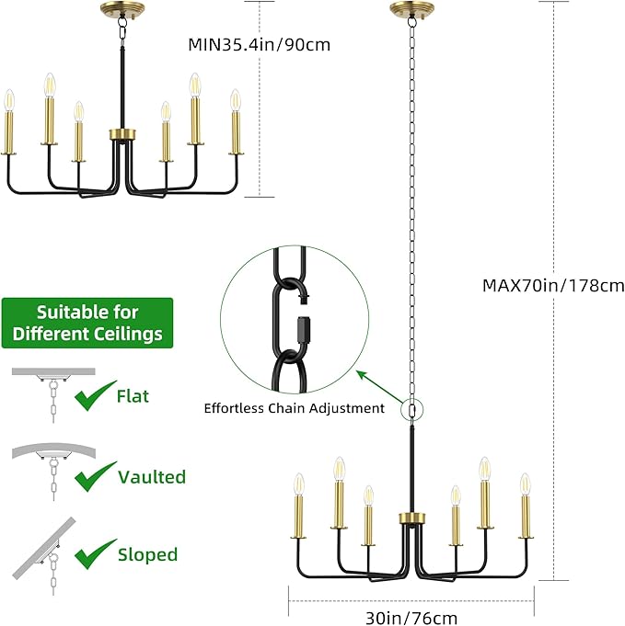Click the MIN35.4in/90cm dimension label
260,44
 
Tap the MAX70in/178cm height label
553,286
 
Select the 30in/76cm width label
411,618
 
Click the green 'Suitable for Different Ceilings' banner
87,323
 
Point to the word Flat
133,396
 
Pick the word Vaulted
152,477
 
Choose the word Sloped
147,554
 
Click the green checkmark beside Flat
95,395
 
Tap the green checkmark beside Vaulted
95,476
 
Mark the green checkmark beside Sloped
95,554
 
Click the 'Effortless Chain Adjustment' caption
295,408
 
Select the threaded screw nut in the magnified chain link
305,329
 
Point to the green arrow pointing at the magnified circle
380,387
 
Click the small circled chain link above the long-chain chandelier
412,410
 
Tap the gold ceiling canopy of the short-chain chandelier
122,8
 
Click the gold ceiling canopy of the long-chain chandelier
412,8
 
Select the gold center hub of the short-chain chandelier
123,134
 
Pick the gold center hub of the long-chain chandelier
412,518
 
